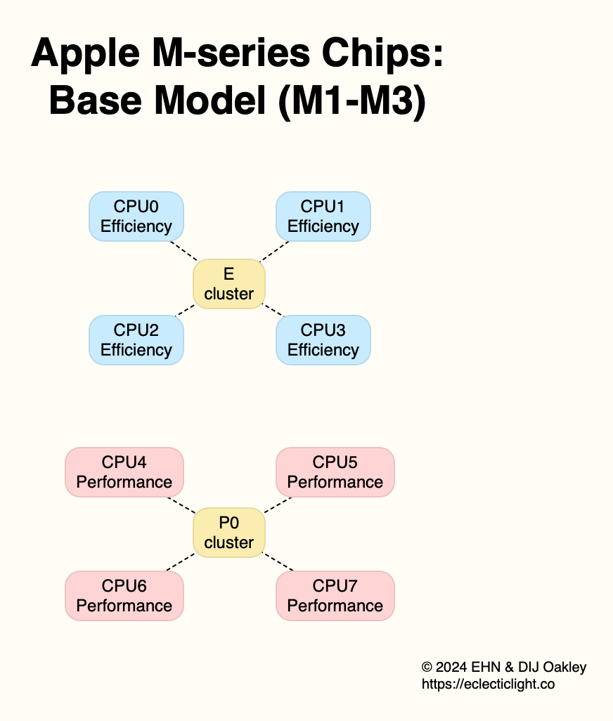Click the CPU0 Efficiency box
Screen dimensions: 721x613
coord(136,216)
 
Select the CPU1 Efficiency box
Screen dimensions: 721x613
coord(323,216)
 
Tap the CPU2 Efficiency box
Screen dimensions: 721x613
coord(136,340)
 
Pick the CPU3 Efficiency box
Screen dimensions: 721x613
coord(323,340)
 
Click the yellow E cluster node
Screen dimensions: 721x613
coord(229,284)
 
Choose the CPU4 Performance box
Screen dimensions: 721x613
coord(124,472)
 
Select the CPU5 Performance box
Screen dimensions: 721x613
coord(335,472)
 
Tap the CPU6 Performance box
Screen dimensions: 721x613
coord(124,596)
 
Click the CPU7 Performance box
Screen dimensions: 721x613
coord(335,596)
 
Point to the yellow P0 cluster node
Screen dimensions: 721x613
coord(229,533)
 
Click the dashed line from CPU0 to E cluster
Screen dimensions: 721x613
coord(183,251)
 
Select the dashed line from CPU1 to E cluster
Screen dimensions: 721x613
coord(276,251)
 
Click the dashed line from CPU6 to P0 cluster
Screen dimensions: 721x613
coord(180,561)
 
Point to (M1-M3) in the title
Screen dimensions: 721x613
coord(351,101)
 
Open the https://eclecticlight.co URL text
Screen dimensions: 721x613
coord(488,684)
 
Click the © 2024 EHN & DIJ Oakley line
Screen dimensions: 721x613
coord(503,667)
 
